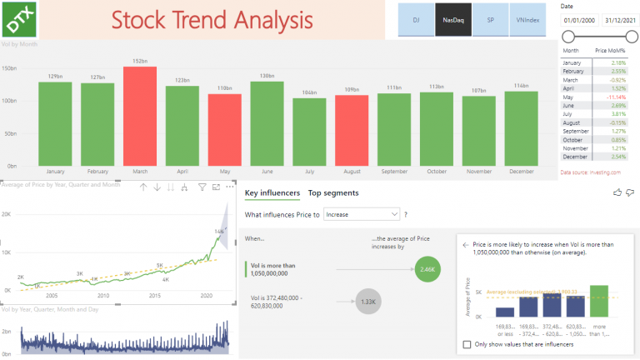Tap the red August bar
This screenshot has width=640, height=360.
(x=352, y=128)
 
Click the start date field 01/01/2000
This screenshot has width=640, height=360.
(x=579, y=20)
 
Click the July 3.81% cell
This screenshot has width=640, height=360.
(x=617, y=112)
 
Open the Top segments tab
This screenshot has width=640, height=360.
(x=333, y=193)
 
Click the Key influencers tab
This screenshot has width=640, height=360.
(x=272, y=193)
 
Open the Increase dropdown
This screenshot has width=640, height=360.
(x=362, y=214)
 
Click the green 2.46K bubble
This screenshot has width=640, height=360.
(x=427, y=269)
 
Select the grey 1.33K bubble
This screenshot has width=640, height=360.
(x=367, y=302)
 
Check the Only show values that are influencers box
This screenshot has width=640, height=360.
(x=467, y=344)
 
